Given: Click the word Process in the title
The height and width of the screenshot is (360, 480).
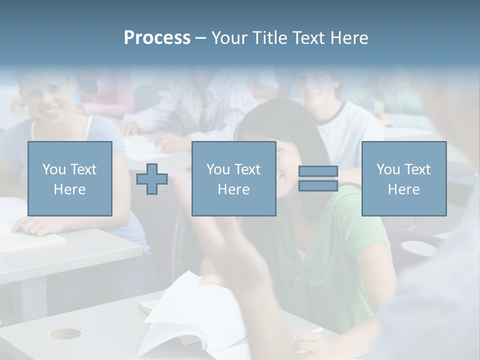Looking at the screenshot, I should (157, 38).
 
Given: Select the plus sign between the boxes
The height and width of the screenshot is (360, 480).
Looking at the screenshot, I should (152, 179).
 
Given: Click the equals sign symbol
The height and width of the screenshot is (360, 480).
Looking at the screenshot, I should (318, 179).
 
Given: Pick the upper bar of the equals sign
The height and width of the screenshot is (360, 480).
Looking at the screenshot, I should (318, 171).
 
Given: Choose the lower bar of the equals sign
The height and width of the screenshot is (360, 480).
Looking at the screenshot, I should (318, 186).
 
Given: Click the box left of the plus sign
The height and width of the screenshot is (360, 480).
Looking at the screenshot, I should (70, 178).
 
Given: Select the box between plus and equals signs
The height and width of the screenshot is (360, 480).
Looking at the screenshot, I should (233, 178).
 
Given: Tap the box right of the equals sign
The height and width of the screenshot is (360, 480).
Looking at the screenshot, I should (403, 178).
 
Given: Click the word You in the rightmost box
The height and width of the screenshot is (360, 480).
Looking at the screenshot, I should (388, 169).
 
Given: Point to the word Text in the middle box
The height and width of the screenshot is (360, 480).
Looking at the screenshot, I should (247, 169).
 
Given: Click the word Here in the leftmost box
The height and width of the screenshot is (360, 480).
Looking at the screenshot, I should (69, 189).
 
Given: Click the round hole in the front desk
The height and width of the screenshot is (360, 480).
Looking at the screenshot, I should (65, 333).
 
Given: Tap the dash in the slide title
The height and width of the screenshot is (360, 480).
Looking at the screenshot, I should (201, 38).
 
